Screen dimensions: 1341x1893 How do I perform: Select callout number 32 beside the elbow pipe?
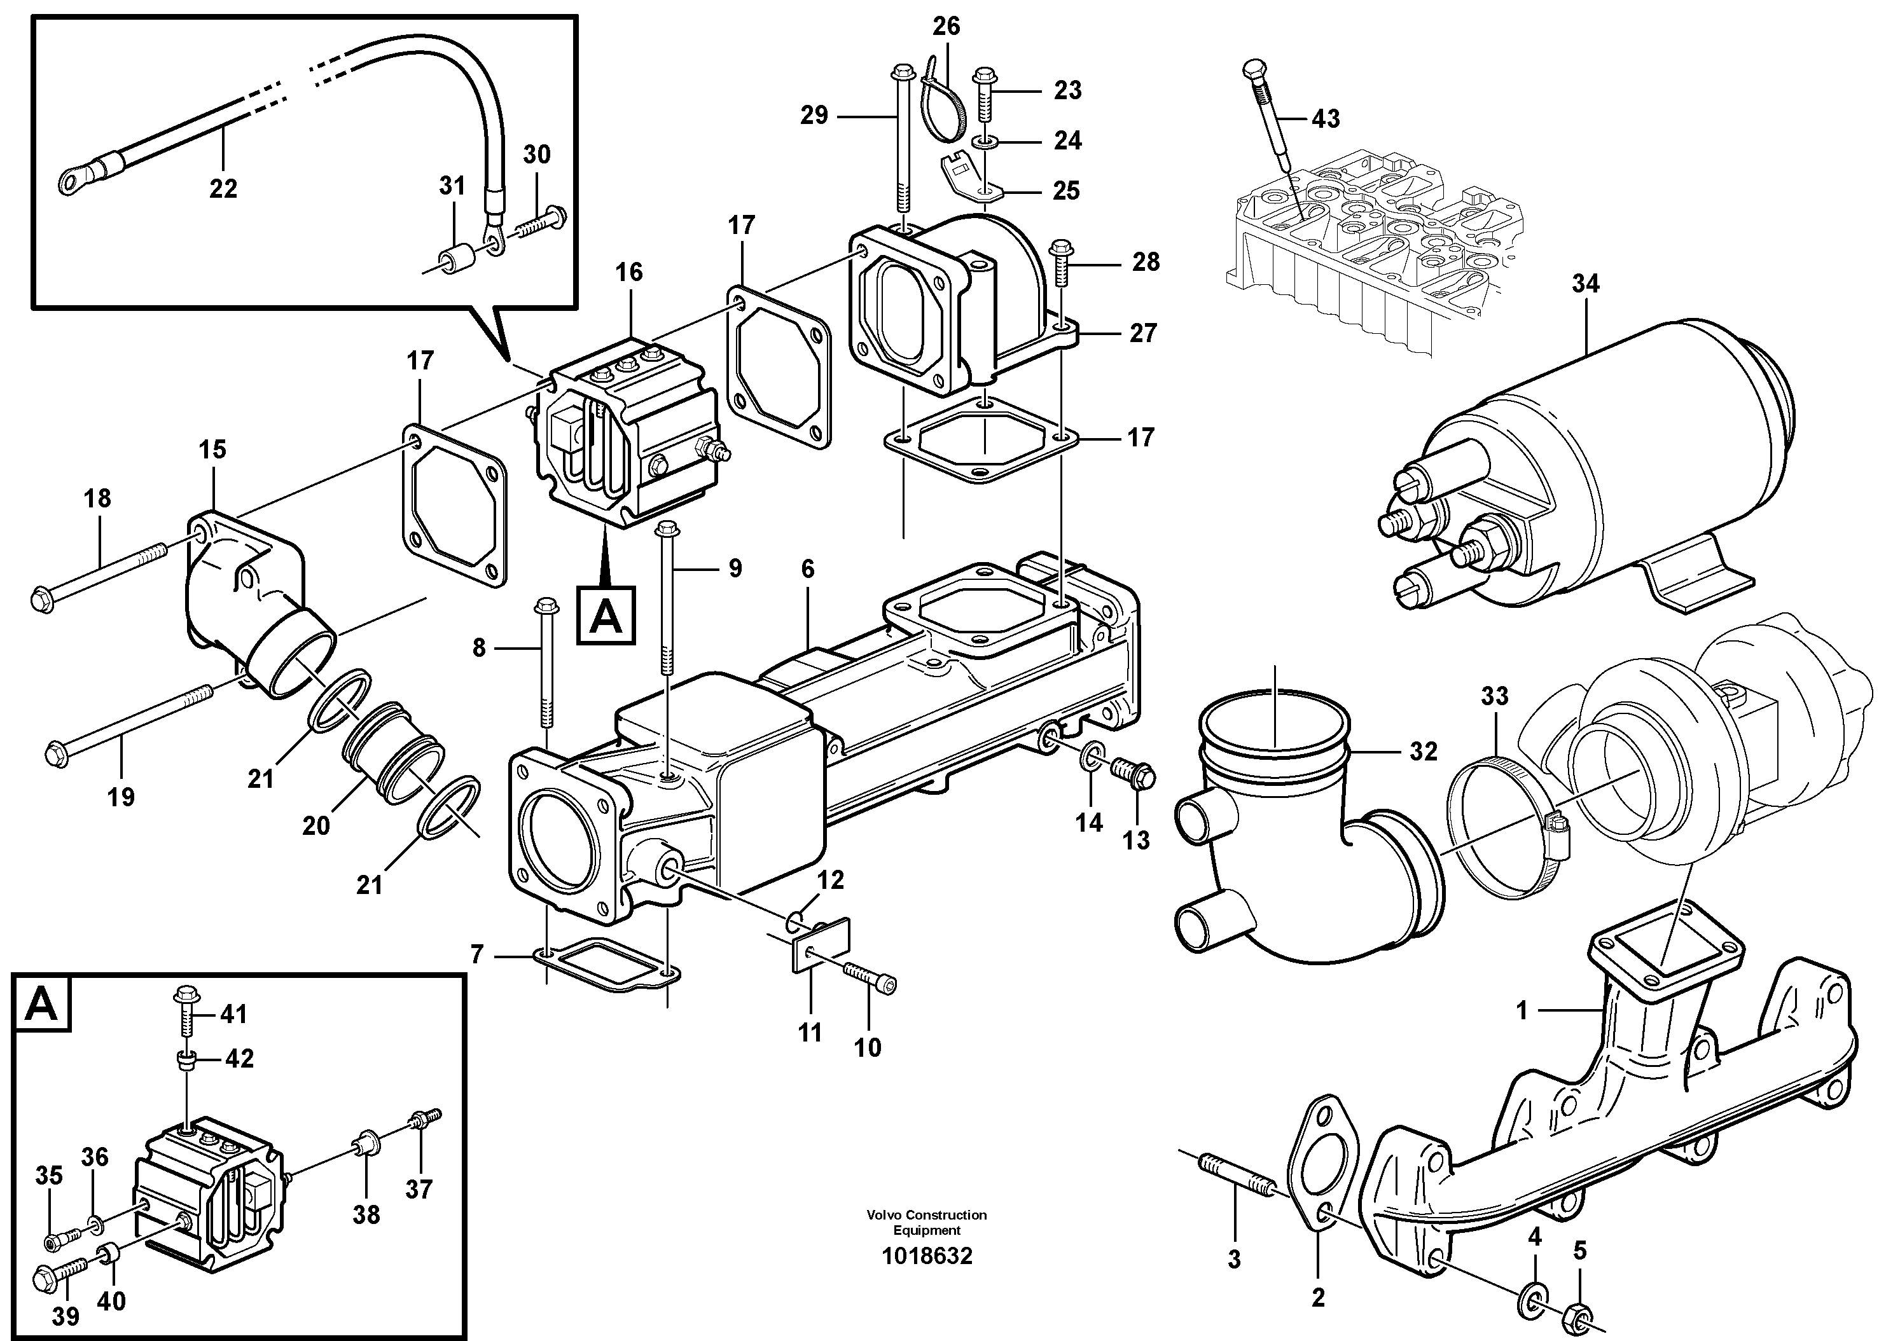tap(1423, 752)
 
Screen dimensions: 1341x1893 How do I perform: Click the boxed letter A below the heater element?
tap(606, 615)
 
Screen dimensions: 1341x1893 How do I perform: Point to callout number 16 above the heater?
tap(628, 273)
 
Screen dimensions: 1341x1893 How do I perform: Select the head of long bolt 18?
tap(43, 600)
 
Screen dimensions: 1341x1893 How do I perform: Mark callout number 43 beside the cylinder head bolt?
tap(1325, 119)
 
